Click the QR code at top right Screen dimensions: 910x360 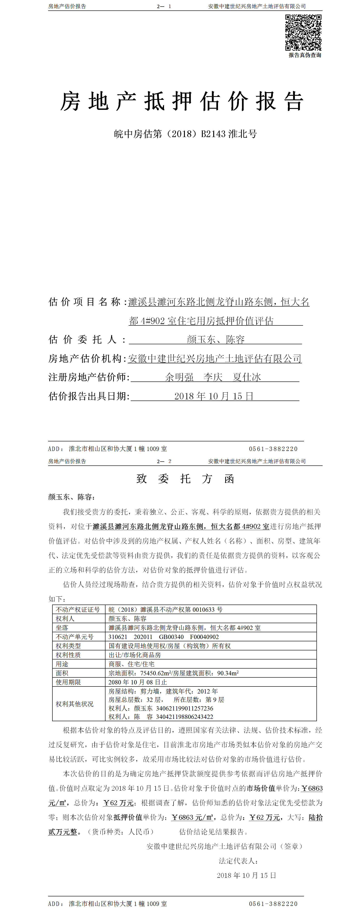click(303, 32)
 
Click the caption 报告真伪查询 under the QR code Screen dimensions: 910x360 click(304, 55)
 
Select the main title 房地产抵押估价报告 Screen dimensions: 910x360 click(182, 101)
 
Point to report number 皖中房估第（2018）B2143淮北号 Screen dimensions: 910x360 click(185, 134)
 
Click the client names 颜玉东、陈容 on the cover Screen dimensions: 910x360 click(216, 339)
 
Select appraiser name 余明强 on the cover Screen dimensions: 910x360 click(179, 377)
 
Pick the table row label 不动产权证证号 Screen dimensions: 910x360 click(78, 609)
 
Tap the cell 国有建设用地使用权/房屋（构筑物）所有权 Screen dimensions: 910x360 click(170, 646)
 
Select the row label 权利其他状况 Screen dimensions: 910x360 click(75, 704)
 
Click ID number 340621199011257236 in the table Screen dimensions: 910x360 click(184, 708)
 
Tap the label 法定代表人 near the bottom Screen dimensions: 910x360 click(238, 861)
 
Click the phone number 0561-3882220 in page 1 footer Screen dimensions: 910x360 click(273, 449)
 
